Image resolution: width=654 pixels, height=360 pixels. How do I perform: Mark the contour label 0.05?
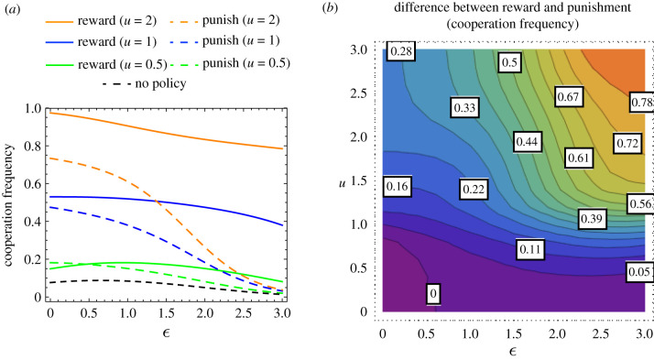pos(641,271)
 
